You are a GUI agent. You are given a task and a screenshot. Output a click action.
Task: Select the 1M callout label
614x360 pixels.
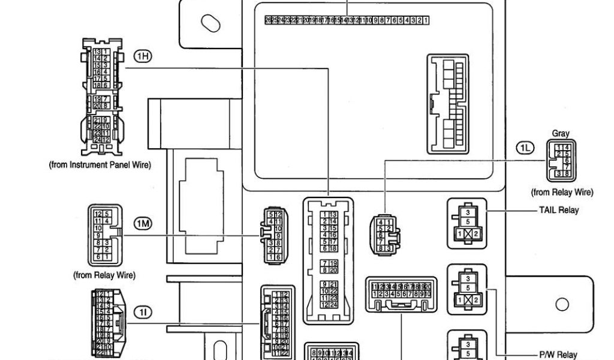142,224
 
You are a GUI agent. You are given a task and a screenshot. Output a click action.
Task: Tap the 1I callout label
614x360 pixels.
142,312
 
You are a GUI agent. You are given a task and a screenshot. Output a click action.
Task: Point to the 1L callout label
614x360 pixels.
525,148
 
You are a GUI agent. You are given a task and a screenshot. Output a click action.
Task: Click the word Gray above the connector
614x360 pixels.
561,134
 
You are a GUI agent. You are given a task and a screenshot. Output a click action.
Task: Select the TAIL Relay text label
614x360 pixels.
559,211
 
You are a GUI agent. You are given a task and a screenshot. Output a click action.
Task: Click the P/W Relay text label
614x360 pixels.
558,355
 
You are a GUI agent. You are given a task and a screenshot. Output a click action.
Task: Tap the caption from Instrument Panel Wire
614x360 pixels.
100,165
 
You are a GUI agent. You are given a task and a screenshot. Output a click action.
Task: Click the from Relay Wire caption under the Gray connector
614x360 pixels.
562,193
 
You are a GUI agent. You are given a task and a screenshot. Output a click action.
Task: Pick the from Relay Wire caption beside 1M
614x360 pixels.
104,275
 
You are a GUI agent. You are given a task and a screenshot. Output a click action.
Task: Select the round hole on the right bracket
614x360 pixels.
562,304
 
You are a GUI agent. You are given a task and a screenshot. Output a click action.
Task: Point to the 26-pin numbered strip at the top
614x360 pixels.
347,20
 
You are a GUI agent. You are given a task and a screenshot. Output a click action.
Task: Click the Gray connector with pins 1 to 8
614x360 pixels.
561,161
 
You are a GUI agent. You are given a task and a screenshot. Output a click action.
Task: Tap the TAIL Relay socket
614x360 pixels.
467,223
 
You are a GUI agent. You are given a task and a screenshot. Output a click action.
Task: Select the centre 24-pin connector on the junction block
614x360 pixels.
329,260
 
